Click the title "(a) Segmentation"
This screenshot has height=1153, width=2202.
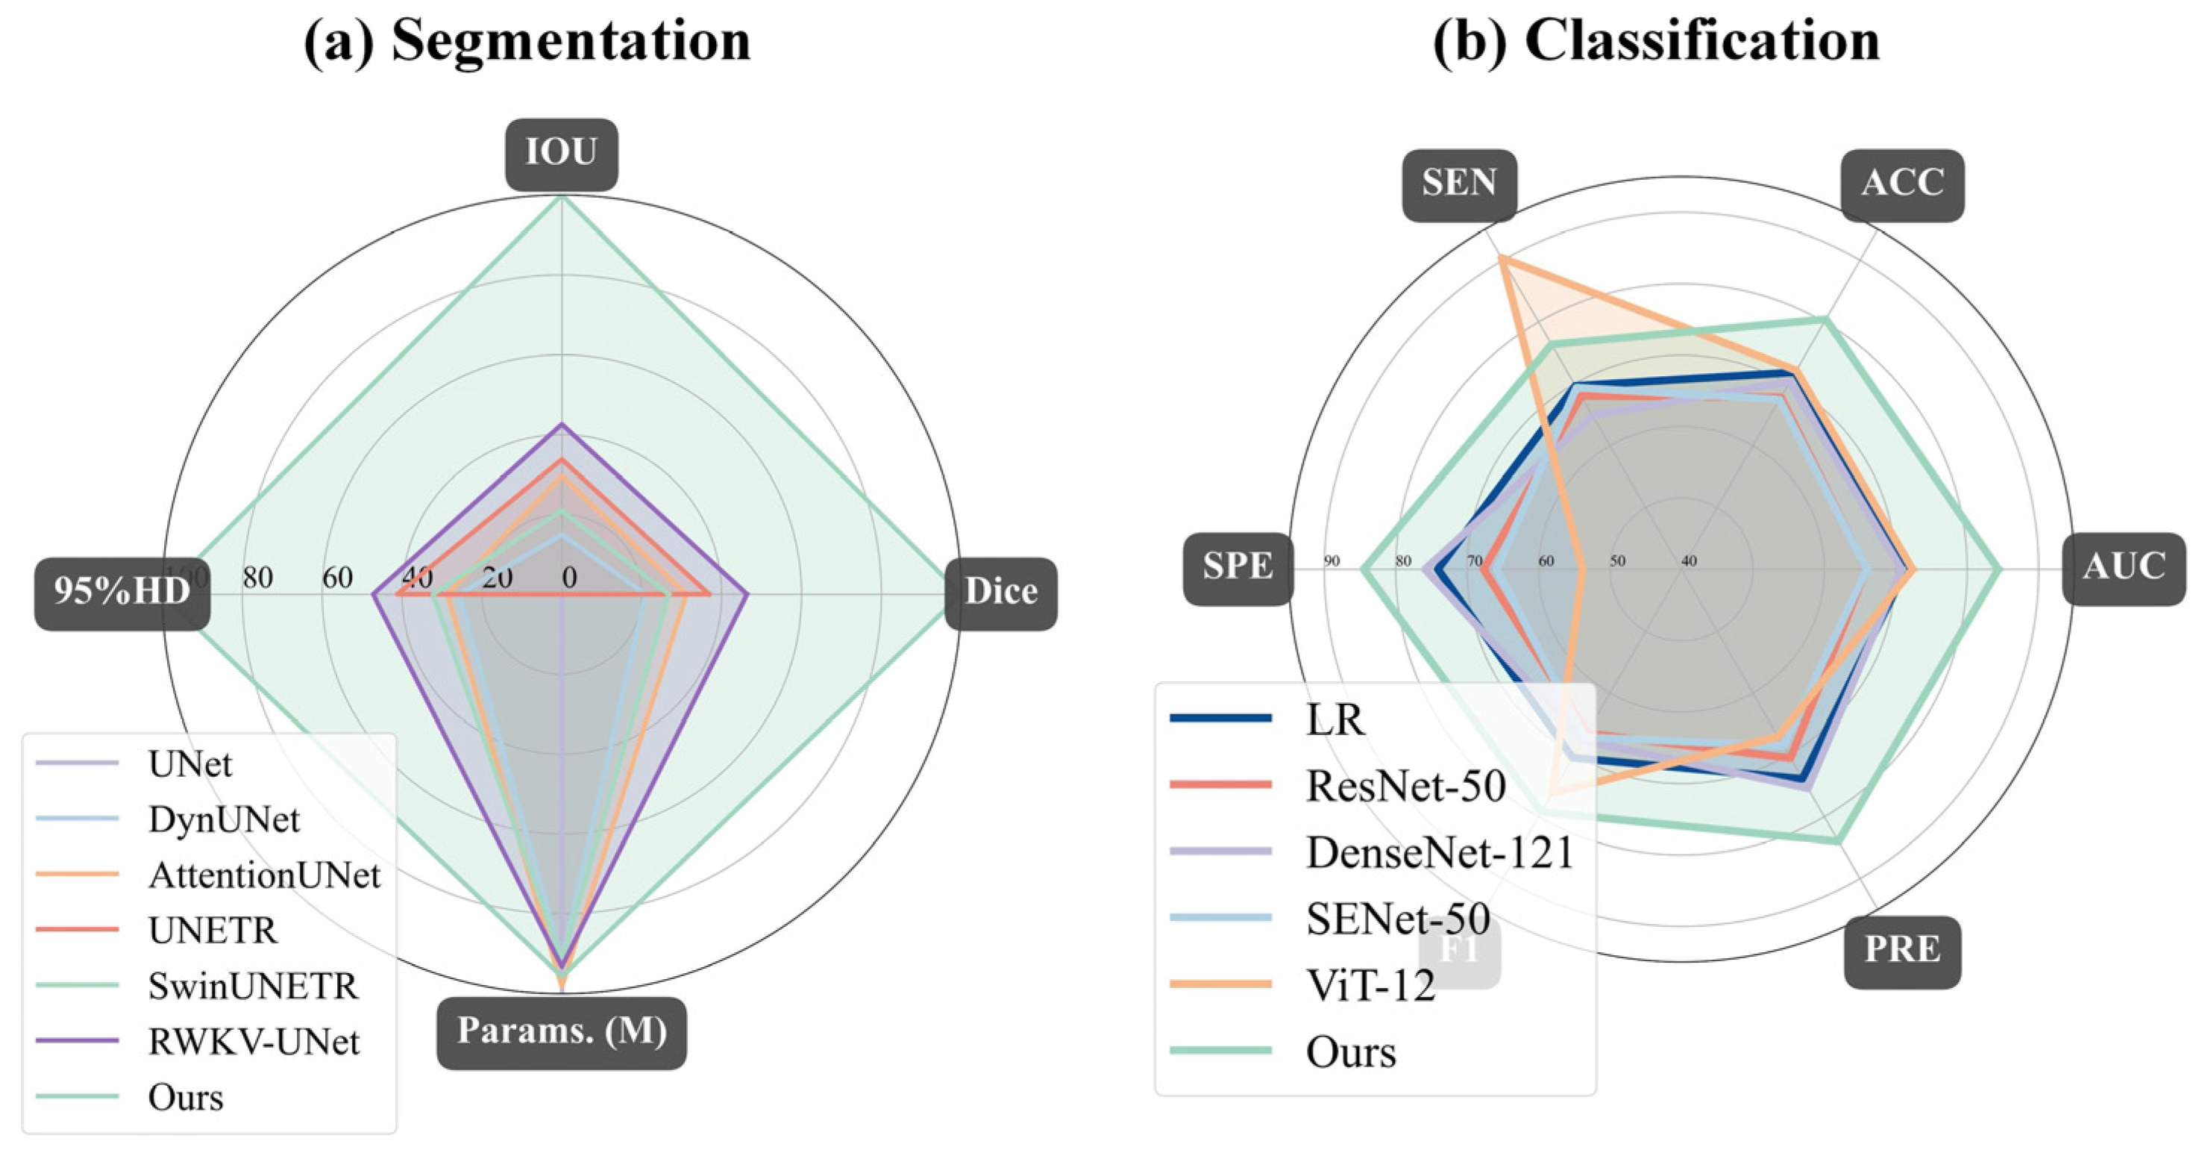click(x=527, y=40)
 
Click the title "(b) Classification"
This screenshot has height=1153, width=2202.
click(x=1656, y=40)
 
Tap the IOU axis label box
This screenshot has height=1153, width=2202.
click(x=562, y=153)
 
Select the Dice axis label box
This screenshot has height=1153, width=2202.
click(x=1001, y=593)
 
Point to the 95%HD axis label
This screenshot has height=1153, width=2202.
click(x=122, y=592)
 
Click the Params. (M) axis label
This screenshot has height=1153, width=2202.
click(x=562, y=1031)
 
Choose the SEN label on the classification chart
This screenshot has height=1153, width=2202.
click(x=1459, y=184)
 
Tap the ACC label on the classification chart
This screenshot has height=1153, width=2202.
click(x=1902, y=184)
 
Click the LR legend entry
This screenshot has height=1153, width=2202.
click(x=1334, y=720)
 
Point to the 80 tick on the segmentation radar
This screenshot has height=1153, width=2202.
click(x=257, y=579)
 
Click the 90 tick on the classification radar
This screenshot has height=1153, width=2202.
click(x=1331, y=562)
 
